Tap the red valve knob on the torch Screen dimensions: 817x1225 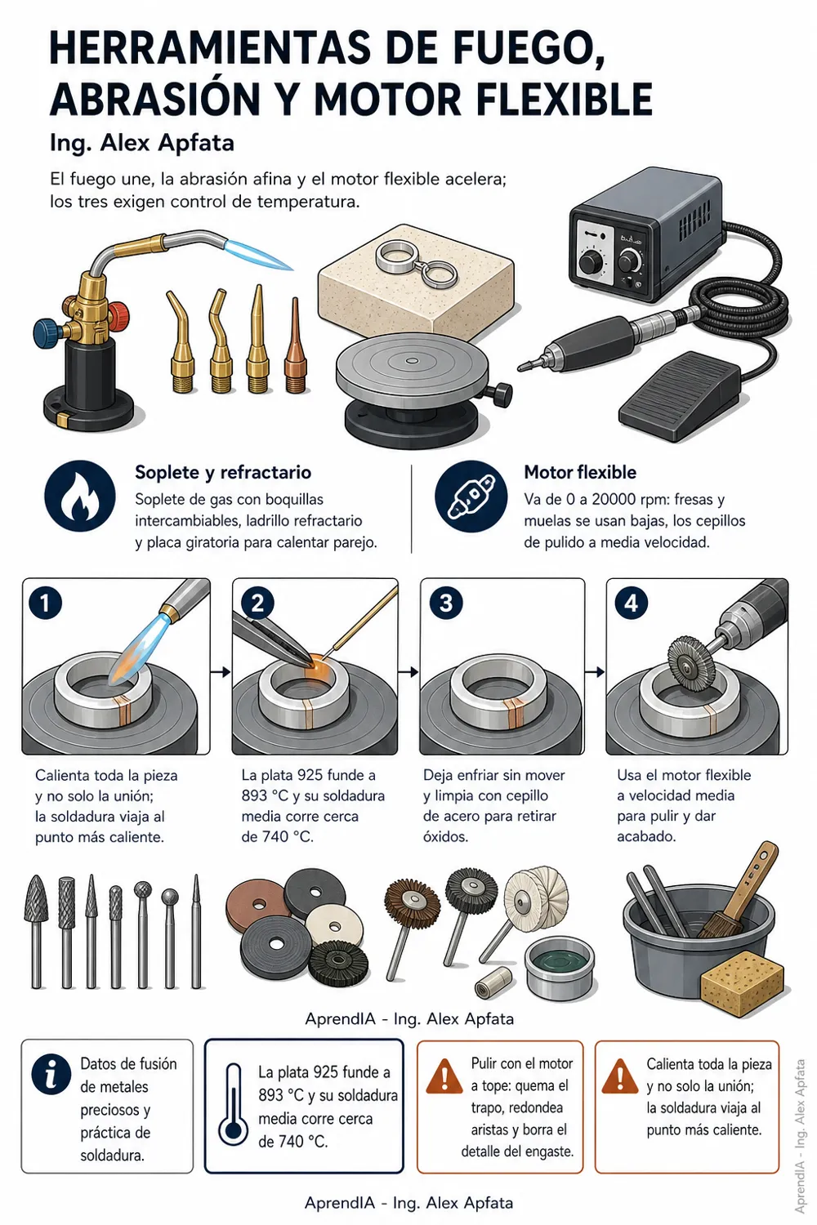[x=118, y=314]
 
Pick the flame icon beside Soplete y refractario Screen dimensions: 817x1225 [x=80, y=497]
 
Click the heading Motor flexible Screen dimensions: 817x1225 [x=580, y=472]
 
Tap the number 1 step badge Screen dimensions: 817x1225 [x=45, y=604]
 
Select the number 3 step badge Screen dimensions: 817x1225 [x=446, y=604]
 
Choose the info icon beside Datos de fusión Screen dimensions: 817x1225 [x=51, y=1074]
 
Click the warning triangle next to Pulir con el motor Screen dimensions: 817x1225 [x=444, y=1076]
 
